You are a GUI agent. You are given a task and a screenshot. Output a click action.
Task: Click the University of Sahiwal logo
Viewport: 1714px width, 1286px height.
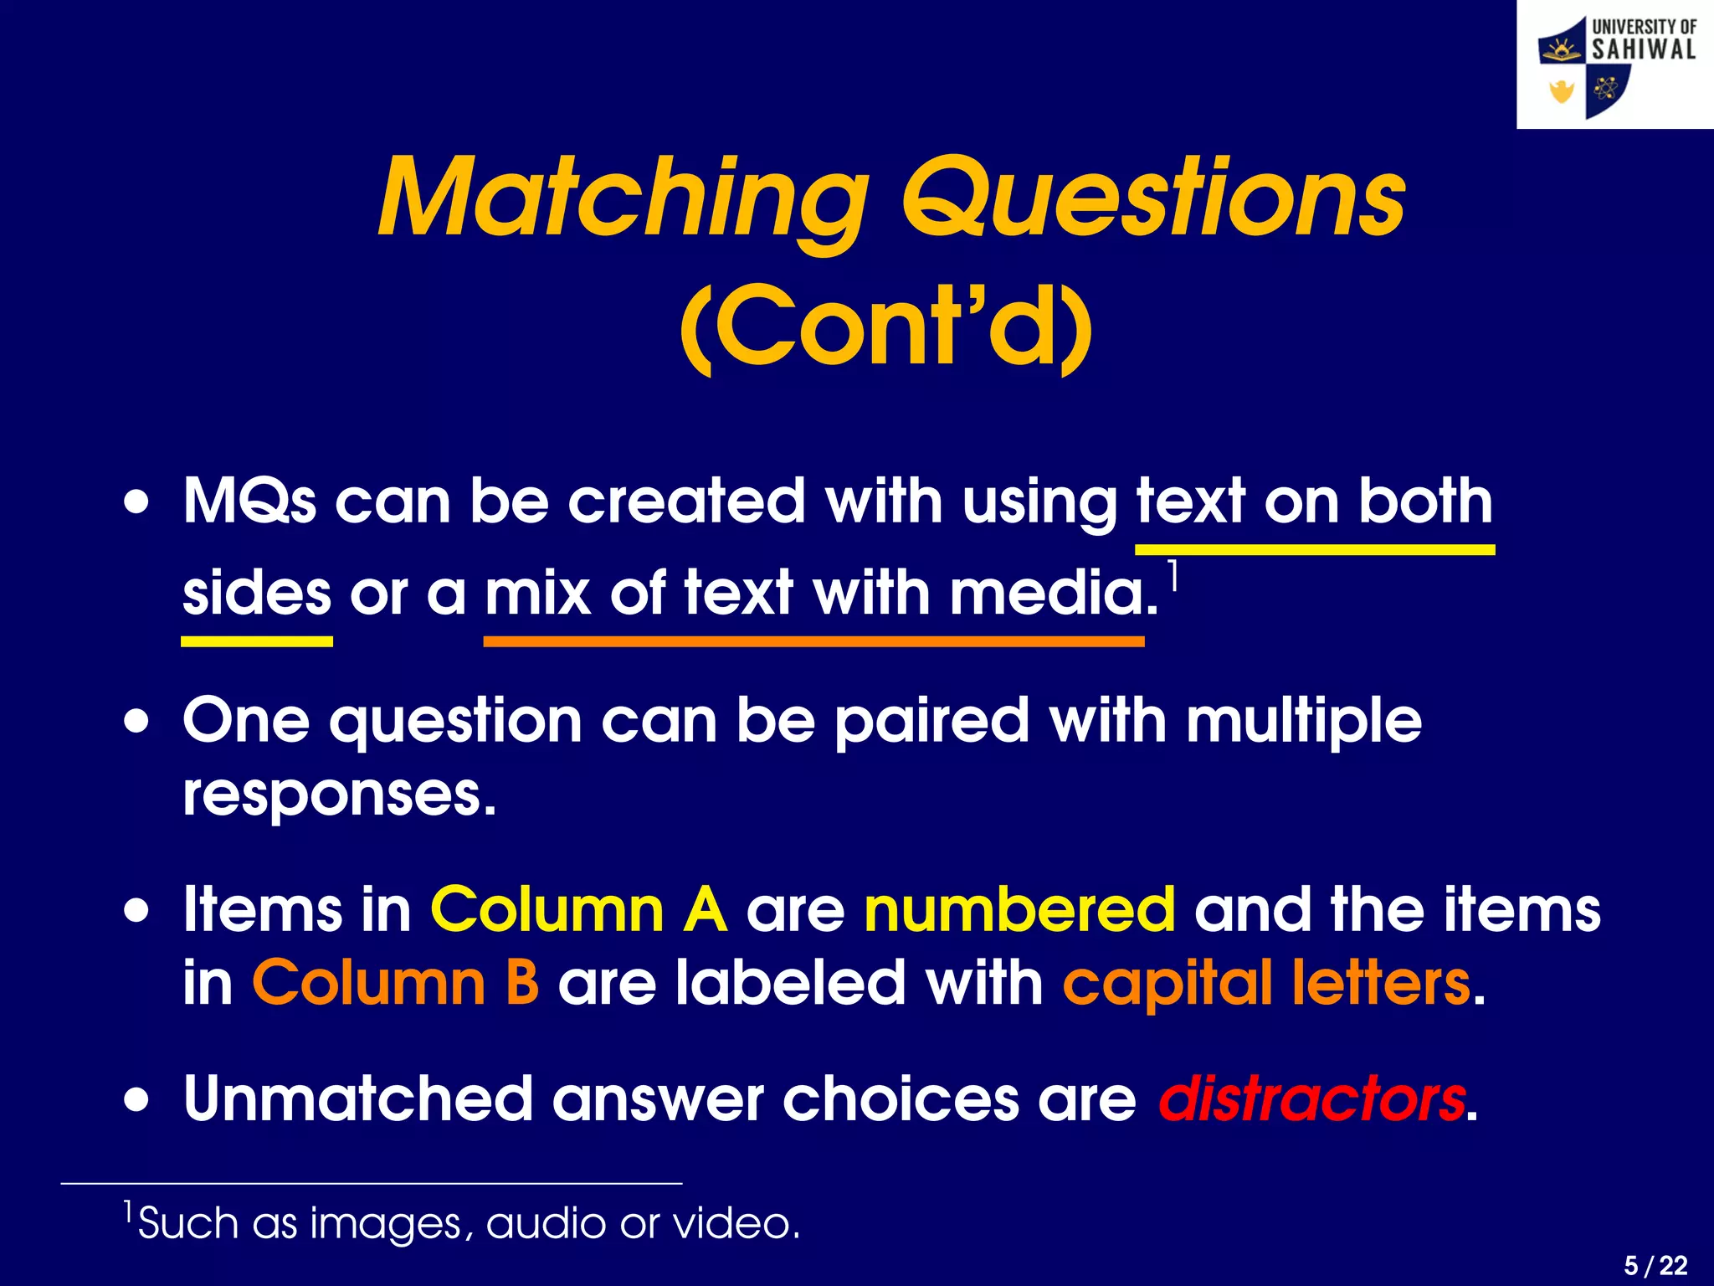coord(1615,65)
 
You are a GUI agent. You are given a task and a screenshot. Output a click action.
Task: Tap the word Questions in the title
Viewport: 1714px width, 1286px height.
coord(1152,198)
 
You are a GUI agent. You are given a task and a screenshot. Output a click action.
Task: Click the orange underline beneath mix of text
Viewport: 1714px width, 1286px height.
coord(813,642)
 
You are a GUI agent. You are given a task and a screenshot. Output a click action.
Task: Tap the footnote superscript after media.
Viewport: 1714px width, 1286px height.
coord(1173,575)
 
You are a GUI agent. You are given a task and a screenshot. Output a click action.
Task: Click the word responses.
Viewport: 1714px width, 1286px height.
coord(339,795)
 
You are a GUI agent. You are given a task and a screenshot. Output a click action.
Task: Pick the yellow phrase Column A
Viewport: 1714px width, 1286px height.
coord(578,910)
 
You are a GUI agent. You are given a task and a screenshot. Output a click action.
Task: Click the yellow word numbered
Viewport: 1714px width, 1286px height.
coord(1019,910)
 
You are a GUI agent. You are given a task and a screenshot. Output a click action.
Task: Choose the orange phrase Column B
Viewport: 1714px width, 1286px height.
coord(396,983)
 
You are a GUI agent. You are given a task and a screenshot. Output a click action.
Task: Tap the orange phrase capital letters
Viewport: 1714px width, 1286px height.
coord(1266,983)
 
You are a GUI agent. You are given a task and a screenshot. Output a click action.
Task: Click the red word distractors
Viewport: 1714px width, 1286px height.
coord(1311,1099)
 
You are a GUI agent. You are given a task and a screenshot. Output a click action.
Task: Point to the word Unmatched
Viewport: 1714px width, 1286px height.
coord(358,1099)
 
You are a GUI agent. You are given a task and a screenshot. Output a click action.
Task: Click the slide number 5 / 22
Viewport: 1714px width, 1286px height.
coord(1655,1265)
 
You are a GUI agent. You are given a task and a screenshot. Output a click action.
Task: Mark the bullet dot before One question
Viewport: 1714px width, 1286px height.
coord(137,721)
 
